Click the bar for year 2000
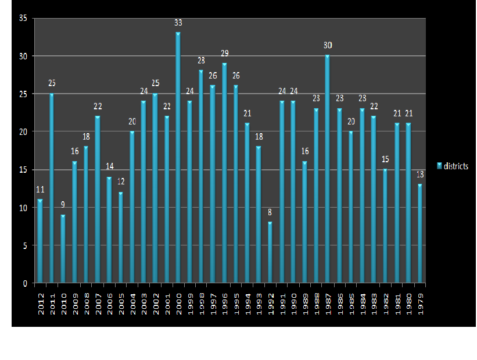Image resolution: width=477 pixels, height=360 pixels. (178, 157)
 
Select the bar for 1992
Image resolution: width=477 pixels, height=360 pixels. (270, 253)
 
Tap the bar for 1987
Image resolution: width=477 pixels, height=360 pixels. (328, 169)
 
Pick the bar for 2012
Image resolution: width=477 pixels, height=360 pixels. (40, 241)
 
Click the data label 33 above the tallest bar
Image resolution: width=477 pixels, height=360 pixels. (178, 23)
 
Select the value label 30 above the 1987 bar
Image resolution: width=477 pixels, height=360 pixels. (328, 45)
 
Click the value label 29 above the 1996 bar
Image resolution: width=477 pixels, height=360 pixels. (224, 53)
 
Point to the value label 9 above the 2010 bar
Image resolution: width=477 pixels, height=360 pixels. (63, 205)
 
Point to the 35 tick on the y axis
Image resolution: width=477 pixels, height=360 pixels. (23, 18)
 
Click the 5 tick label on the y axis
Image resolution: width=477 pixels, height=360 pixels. (25, 245)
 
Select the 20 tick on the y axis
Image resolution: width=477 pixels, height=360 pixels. (23, 132)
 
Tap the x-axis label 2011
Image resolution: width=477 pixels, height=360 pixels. (52, 301)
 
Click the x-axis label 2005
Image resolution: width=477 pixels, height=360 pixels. (121, 301)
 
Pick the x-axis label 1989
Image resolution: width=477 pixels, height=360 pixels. (305, 301)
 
